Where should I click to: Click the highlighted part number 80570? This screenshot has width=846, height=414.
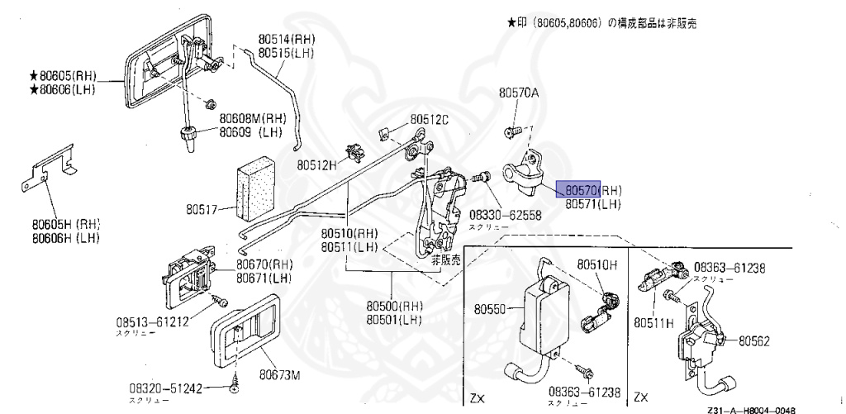click(578, 190)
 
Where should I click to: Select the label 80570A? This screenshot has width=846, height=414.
click(518, 93)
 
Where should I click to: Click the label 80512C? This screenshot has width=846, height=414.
click(430, 120)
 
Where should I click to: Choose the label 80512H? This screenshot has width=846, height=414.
click(318, 164)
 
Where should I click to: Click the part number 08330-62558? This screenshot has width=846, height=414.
click(505, 214)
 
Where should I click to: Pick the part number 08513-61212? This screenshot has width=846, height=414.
click(154, 321)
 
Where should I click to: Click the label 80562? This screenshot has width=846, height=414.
click(754, 340)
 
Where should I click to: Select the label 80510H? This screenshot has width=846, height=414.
click(596, 264)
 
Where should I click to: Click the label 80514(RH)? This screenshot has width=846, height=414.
click(286, 39)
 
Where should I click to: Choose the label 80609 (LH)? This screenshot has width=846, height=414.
click(251, 131)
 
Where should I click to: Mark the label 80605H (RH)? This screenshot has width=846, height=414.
click(66, 224)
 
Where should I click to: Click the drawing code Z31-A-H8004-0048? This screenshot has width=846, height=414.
click(751, 408)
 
